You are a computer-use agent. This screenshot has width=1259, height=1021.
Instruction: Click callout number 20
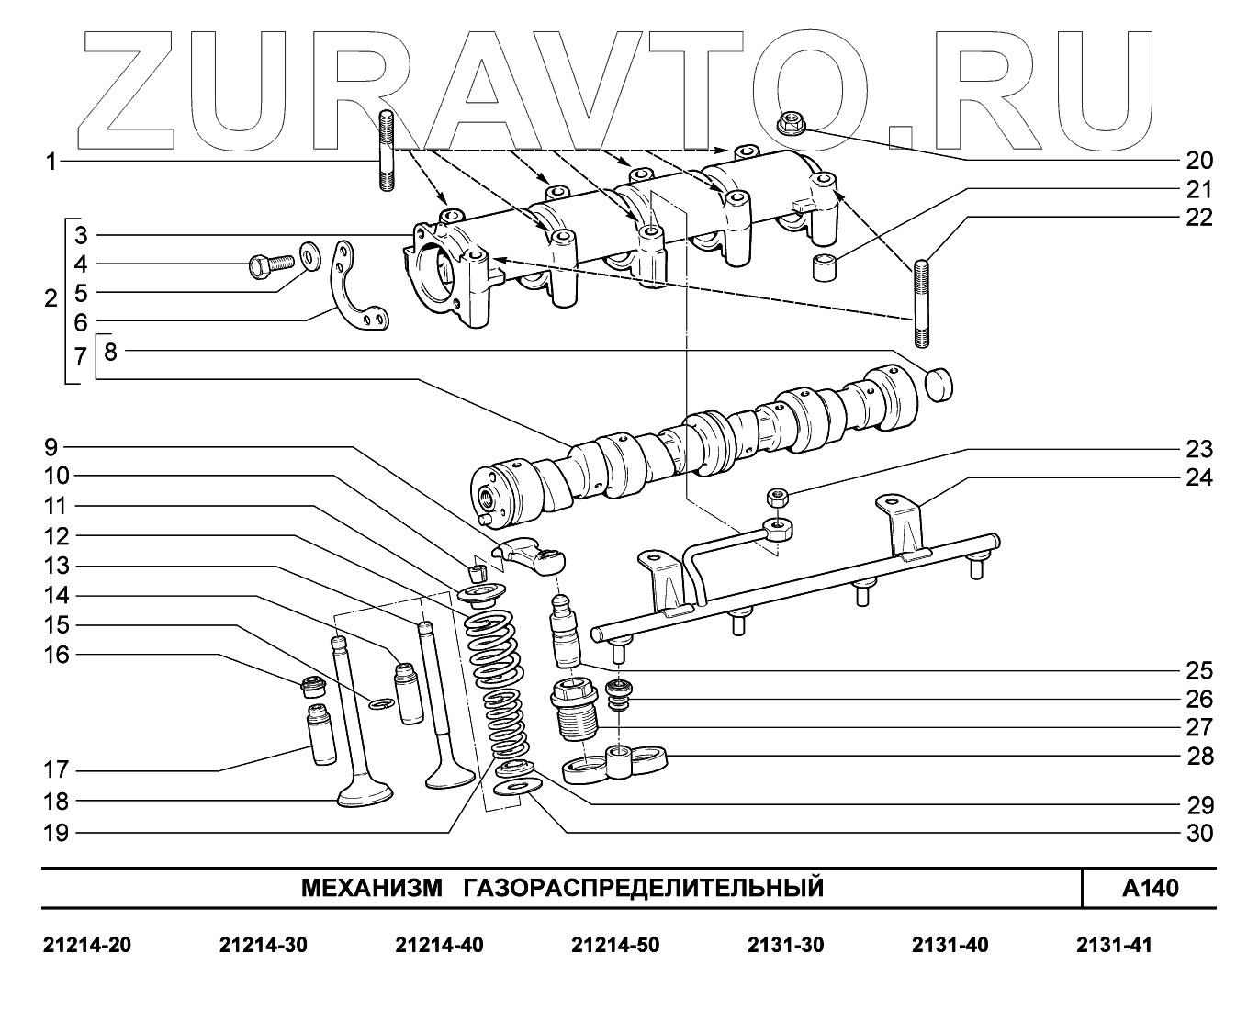pyautogui.click(x=1199, y=161)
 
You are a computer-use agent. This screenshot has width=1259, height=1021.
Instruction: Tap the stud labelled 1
pyautogui.click(x=386, y=150)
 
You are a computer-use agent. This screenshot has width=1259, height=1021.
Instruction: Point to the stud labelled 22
pyautogui.click(x=922, y=304)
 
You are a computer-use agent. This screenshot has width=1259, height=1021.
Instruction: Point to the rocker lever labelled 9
pyautogui.click(x=530, y=554)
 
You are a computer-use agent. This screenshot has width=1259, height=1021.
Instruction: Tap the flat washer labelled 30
pyautogui.click(x=512, y=788)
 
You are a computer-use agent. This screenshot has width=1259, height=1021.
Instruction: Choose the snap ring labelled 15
pyautogui.click(x=381, y=703)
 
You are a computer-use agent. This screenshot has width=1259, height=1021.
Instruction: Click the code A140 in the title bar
pyautogui.click(x=1150, y=888)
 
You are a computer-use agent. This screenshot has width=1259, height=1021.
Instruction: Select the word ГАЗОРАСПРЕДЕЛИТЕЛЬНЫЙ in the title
pyautogui.click(x=642, y=888)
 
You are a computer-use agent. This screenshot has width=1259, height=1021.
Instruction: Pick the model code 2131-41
pyautogui.click(x=1113, y=946)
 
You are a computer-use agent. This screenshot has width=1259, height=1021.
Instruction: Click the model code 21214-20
pyautogui.click(x=87, y=946)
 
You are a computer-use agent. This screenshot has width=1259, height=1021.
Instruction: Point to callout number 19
pyautogui.click(x=56, y=833)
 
